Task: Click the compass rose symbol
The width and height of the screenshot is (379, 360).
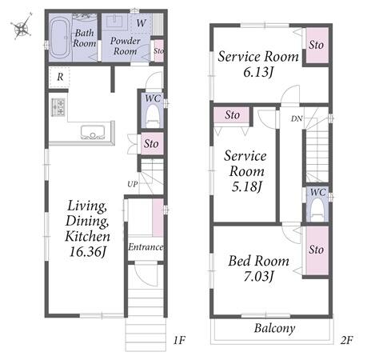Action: pyautogui.click(x=22, y=26)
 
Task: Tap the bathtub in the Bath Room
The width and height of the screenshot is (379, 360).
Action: pyautogui.click(x=60, y=38)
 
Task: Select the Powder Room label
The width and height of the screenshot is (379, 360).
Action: pyautogui.click(x=125, y=46)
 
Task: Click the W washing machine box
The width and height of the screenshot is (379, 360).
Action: pyautogui.click(x=141, y=23)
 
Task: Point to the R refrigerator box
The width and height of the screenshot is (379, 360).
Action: pyautogui.click(x=60, y=77)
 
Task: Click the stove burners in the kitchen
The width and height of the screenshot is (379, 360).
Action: pyautogui.click(x=58, y=107)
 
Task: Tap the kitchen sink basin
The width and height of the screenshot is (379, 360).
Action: pyautogui.click(x=92, y=132)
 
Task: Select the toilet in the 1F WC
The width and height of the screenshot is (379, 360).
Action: pyautogui.click(x=153, y=116)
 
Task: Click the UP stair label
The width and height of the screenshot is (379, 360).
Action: pyautogui.click(x=133, y=184)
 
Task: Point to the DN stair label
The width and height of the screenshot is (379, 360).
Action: pyautogui.click(x=297, y=118)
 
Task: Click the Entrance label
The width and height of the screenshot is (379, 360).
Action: pyautogui.click(x=146, y=247)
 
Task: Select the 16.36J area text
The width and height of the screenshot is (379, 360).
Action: pyautogui.click(x=88, y=251)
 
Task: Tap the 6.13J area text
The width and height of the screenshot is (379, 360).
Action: pyautogui.click(x=258, y=72)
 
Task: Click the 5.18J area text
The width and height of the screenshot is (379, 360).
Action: pyautogui.click(x=247, y=186)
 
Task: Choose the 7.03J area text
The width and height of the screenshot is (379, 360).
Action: pyautogui.click(x=258, y=276)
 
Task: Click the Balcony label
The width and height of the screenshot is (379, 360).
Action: pyautogui.click(x=274, y=328)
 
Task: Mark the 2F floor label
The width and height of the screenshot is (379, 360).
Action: pyautogui.click(x=346, y=340)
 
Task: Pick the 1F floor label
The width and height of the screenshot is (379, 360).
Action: pyautogui.click(x=179, y=340)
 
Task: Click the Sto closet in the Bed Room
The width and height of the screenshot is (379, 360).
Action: pyautogui.click(x=317, y=250)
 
